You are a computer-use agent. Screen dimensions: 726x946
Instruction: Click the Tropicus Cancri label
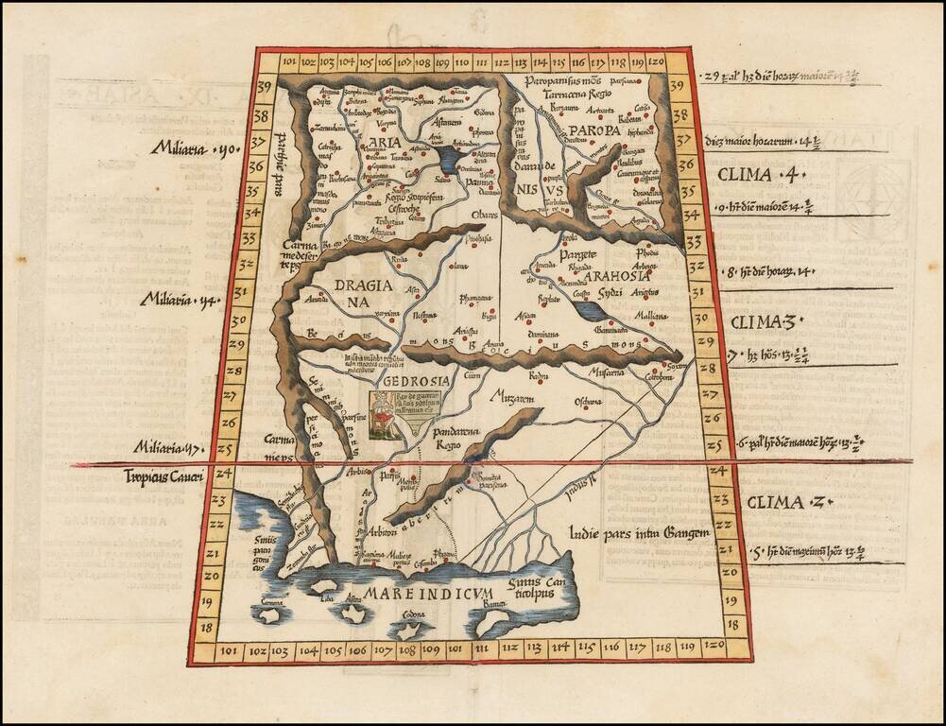tap(163, 476)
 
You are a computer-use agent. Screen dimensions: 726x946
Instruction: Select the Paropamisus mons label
tap(566, 81)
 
